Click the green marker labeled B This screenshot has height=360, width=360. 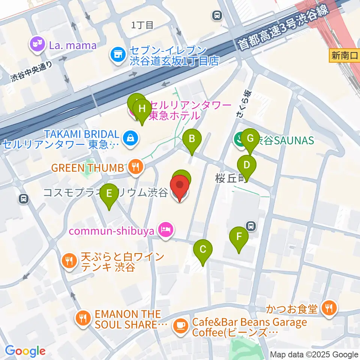pos(192,139)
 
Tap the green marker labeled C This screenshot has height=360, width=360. pos(203,249)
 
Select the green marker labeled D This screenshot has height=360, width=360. pos(246,165)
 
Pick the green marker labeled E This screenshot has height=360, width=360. pos(109,194)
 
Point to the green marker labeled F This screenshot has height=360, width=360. pos(238,237)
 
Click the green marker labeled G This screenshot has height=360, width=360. pos(250,138)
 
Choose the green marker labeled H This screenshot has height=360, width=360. pos(142,109)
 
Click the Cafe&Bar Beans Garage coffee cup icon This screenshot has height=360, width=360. pos(180,326)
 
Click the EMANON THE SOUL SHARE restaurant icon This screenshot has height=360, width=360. pos(82,319)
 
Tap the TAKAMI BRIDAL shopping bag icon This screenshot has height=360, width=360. pos(130,138)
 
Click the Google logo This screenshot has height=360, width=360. pos(25,351)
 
